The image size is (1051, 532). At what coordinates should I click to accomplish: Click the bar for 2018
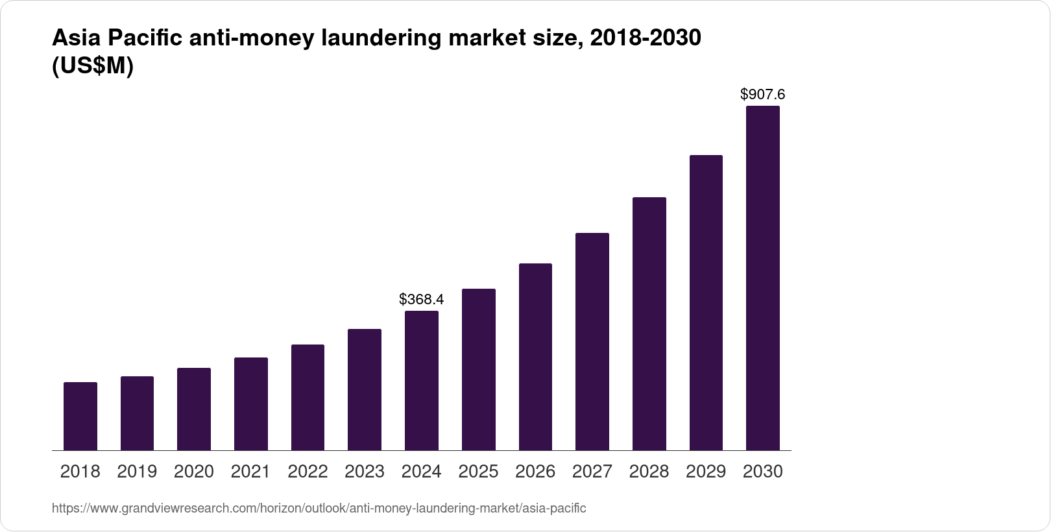click(80, 416)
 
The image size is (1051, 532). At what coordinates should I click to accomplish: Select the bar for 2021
click(251, 404)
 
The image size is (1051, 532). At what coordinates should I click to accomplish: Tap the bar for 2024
click(422, 380)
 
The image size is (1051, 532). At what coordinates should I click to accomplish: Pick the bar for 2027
click(592, 341)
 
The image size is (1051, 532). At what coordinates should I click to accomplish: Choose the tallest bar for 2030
click(763, 278)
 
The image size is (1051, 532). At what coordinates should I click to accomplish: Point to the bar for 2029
click(706, 302)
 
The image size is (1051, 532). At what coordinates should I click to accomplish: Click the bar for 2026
click(535, 357)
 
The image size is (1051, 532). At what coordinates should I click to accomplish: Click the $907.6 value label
click(763, 95)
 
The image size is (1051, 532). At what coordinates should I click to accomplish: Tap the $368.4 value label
click(422, 299)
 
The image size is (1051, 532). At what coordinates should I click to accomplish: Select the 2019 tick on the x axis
click(137, 472)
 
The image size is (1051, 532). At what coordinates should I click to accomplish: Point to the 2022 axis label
click(308, 472)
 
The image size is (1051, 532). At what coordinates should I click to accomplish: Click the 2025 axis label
click(478, 472)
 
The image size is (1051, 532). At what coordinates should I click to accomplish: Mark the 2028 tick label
click(649, 472)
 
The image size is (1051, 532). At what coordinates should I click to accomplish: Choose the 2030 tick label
click(763, 472)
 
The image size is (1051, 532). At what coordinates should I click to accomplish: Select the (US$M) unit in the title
click(92, 66)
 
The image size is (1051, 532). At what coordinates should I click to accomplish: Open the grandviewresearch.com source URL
click(319, 509)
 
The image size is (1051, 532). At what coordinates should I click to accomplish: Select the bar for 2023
click(365, 389)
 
